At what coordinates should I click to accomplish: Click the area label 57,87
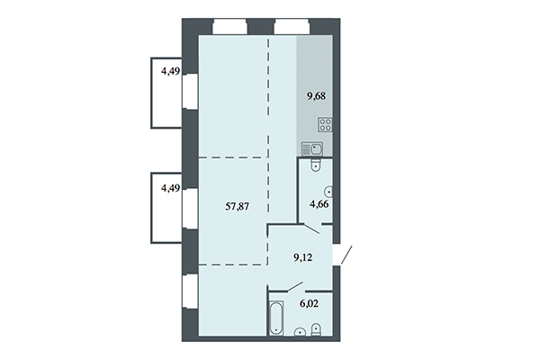pos(238,205)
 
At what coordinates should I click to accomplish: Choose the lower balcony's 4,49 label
pos(170,188)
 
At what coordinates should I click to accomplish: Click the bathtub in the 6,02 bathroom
pos(275,320)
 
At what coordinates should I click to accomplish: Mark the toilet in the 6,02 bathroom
pos(316,332)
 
